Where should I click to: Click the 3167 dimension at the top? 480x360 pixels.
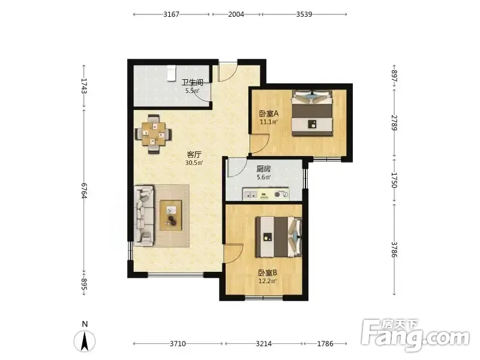coord(171,14)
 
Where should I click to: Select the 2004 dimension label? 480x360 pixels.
coord(236,14)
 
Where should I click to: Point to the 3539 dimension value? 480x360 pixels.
coord(304,14)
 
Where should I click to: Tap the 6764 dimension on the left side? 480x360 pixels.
coord(84,191)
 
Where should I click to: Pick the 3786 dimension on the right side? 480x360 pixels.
coord(394,250)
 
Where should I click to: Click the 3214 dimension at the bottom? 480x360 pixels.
coord(263,344)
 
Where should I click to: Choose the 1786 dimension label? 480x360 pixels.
coord(325,344)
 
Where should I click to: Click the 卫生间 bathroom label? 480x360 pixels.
coord(192,82)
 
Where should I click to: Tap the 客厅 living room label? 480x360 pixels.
coord(194,154)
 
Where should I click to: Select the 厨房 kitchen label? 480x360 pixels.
coord(263,169)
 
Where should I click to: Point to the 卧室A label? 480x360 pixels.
coord(269,114)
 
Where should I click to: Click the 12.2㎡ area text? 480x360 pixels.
coord(268,281)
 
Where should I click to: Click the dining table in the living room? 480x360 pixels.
coord(153,134)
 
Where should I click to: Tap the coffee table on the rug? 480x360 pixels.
coord(171,215)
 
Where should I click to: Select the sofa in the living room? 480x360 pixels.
coord(144,215)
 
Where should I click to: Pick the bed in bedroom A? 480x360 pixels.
coord(312,113)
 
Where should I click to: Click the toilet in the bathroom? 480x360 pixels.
coord(171,73)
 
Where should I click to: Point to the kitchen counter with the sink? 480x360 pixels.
coord(266,194)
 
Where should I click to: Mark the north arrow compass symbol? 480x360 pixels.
coord(85,340)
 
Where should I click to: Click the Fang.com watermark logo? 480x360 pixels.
coord(415,335)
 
